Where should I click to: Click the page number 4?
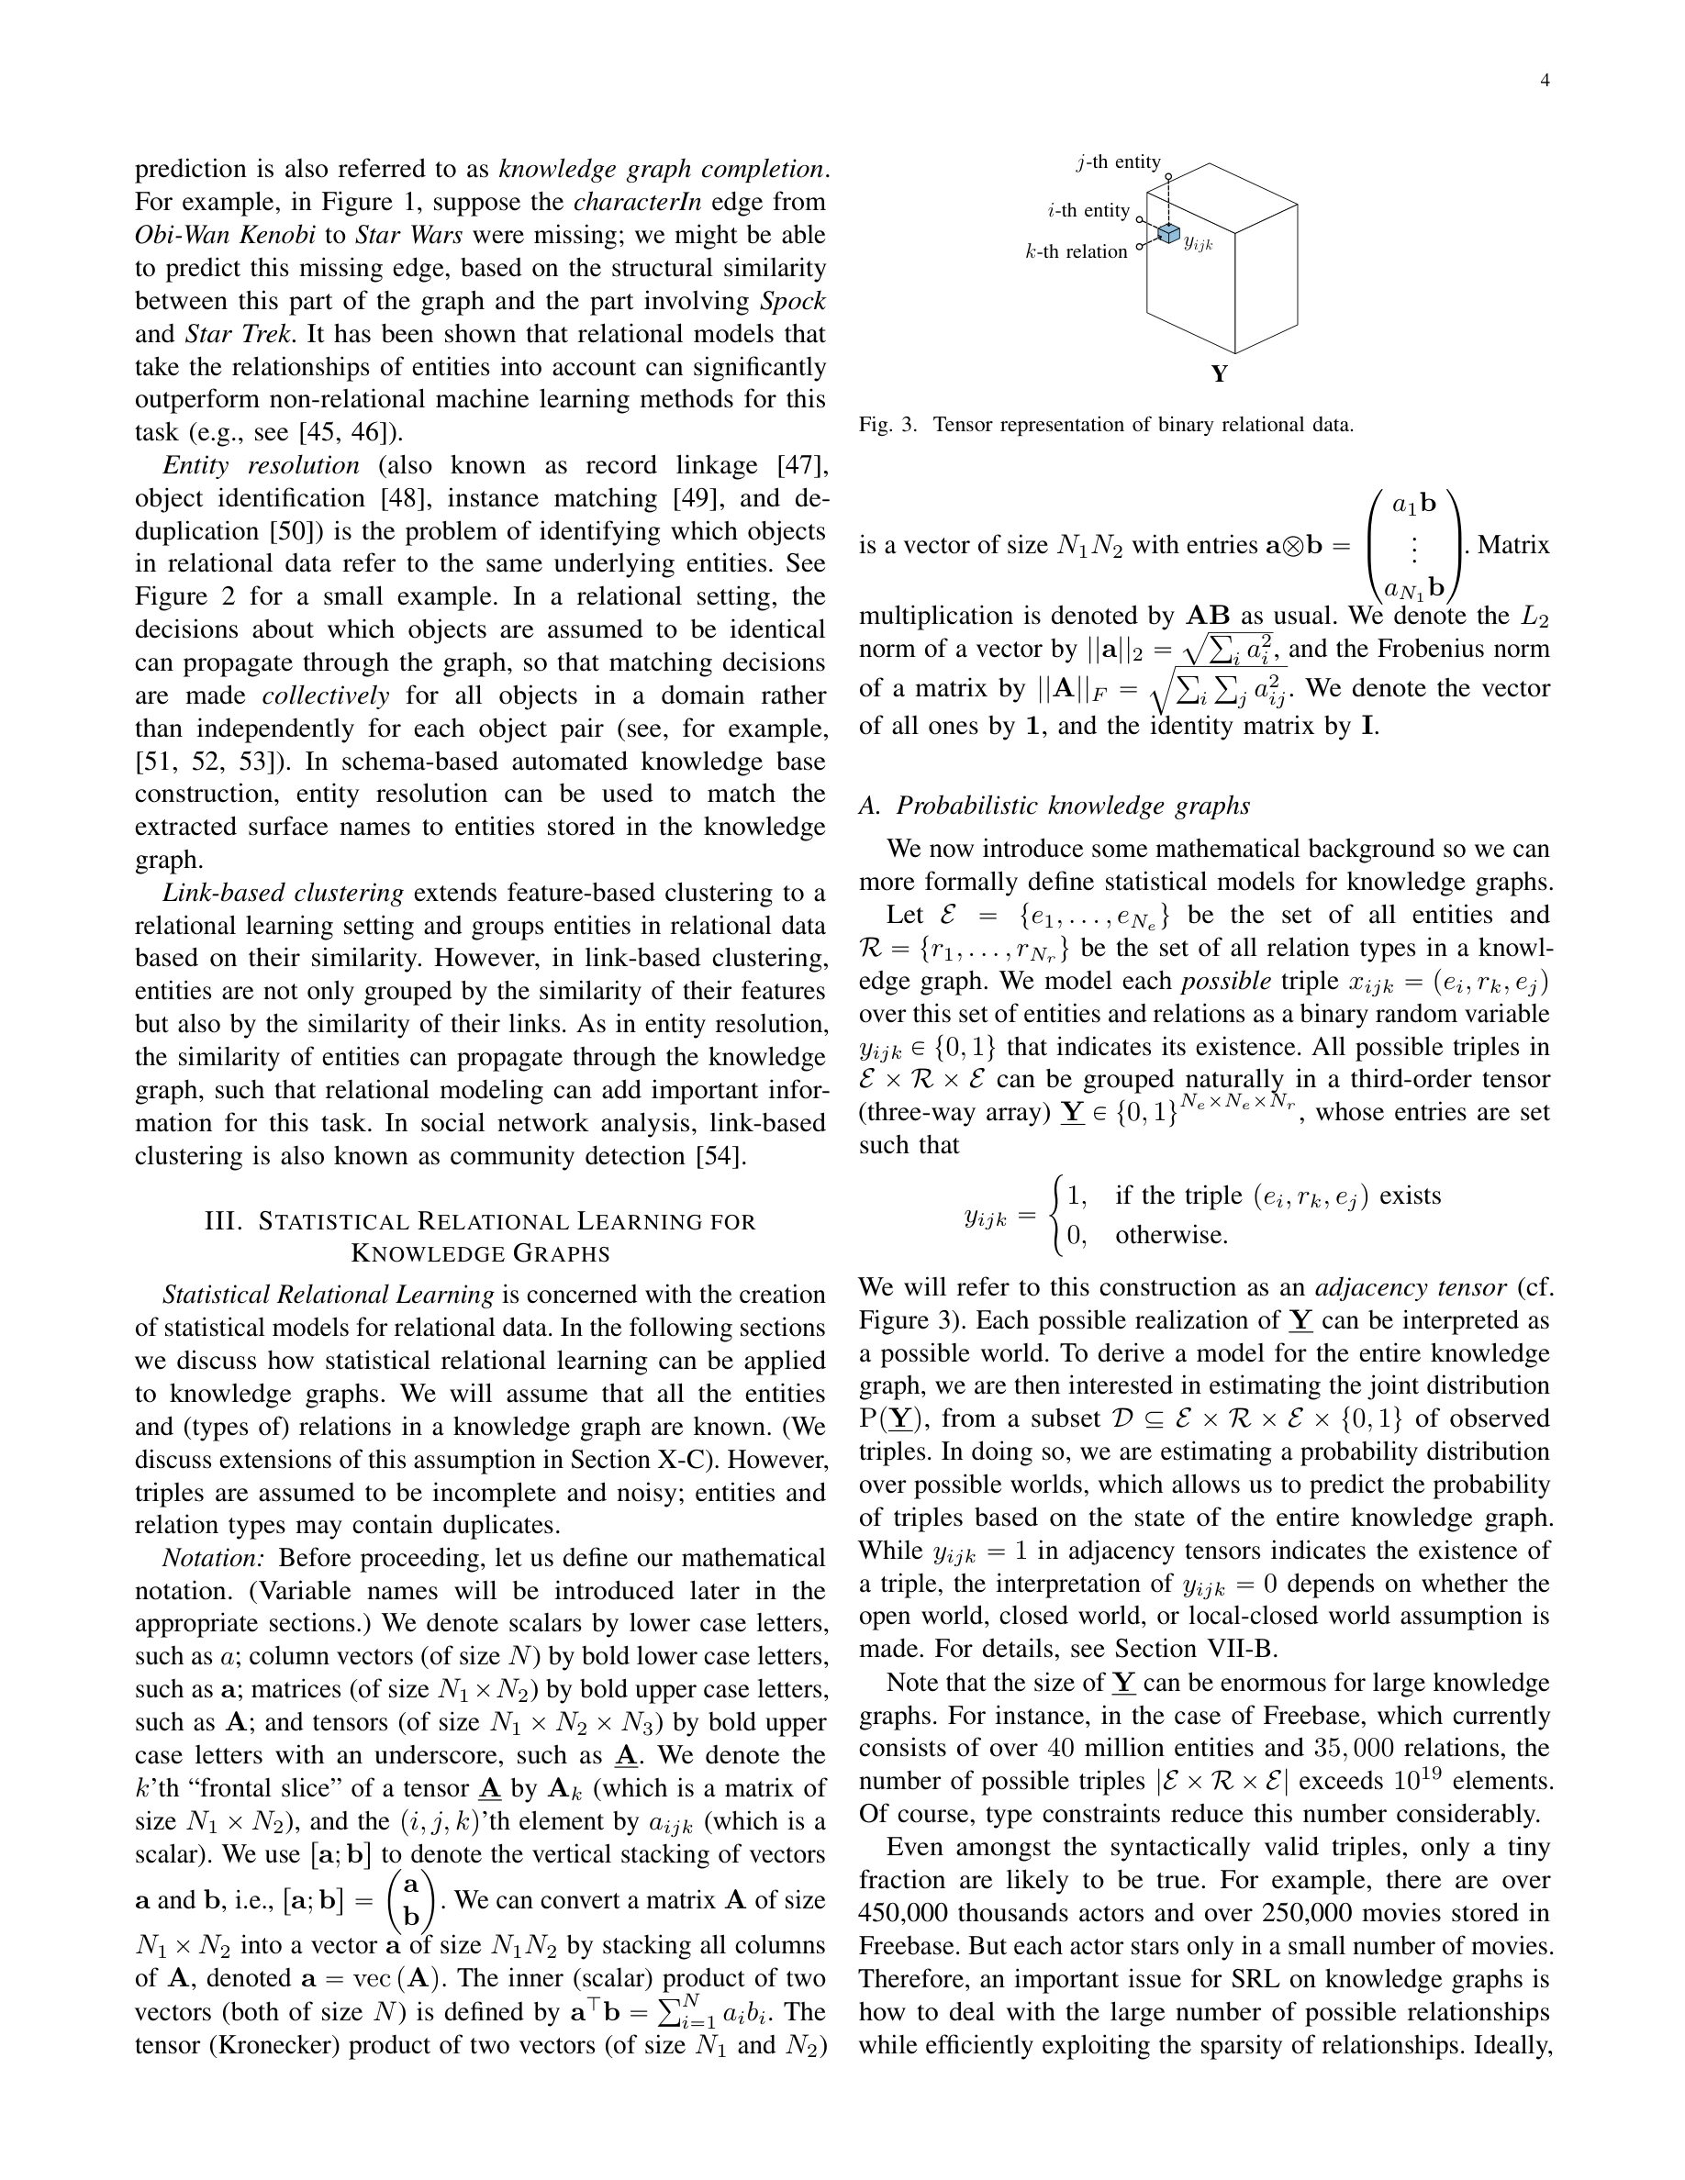pyautogui.click(x=1545, y=81)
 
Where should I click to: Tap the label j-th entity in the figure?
pyautogui.click(x=1118, y=162)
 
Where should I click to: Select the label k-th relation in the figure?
pyautogui.click(x=1077, y=251)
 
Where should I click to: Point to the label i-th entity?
pyautogui.click(x=1088, y=211)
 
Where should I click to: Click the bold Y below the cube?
pyautogui.click(x=1219, y=375)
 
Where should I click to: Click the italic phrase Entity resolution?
pyautogui.click(x=261, y=466)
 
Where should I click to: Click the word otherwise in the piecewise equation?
pyautogui.click(x=1171, y=1236)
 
